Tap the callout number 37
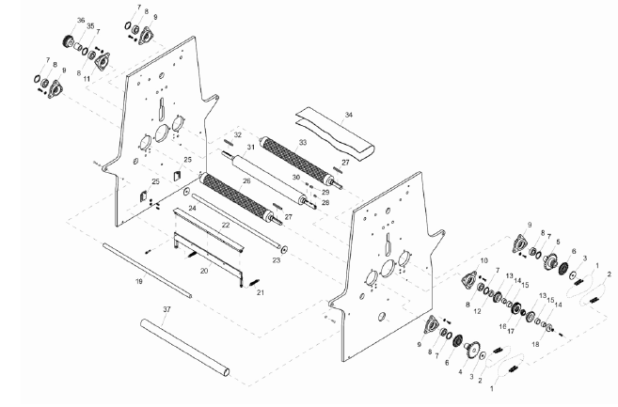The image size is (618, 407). pos(166,310)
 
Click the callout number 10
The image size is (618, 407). pos(484,258)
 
